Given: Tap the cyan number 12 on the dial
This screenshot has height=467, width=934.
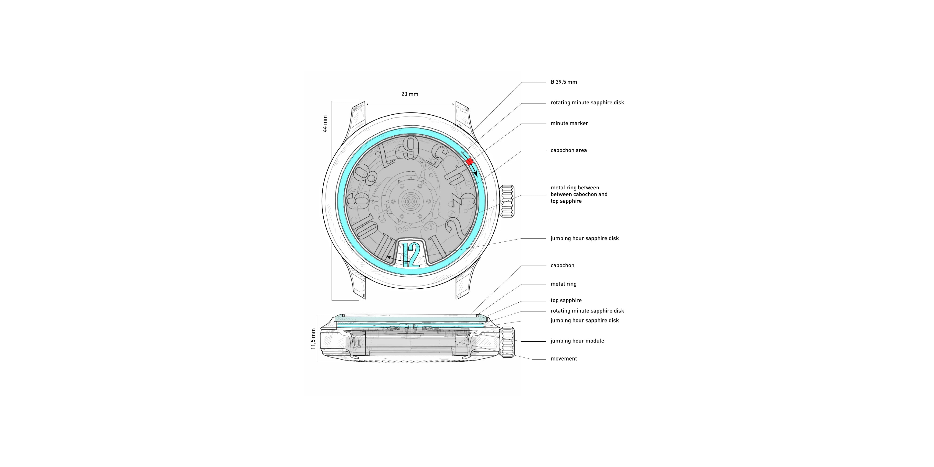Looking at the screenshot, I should point(411,255).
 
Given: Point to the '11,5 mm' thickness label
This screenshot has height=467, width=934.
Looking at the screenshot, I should point(313,339).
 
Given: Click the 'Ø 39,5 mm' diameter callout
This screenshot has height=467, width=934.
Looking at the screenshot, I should point(564,82).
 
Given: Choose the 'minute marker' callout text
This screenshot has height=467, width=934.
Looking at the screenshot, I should point(569,123).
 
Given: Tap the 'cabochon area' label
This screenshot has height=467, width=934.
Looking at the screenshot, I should point(569,150).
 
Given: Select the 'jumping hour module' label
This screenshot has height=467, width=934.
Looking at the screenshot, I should point(577,341).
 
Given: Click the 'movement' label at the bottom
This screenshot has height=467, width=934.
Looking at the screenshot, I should point(563,359).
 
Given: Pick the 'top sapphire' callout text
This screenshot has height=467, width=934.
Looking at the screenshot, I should point(566,300).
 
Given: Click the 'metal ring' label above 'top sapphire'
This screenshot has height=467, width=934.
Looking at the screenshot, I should point(563,284).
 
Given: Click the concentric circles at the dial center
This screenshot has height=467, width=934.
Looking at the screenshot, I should point(410,200).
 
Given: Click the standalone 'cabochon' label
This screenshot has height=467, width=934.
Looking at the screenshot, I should point(562,265).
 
